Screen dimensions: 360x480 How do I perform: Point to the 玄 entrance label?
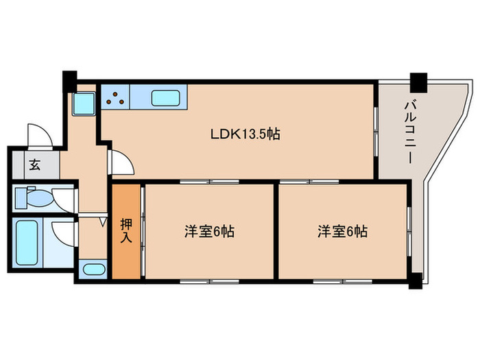(34, 165)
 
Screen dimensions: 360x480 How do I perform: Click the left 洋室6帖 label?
(209, 232)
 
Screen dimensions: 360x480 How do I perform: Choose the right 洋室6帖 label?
(342, 232)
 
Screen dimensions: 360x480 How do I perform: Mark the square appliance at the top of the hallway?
(84, 104)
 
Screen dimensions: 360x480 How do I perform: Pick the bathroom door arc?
(64, 233)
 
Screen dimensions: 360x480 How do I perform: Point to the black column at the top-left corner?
(69, 78)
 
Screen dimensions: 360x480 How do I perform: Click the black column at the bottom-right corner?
(416, 279)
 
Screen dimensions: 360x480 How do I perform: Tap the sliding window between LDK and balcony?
(376, 130)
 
